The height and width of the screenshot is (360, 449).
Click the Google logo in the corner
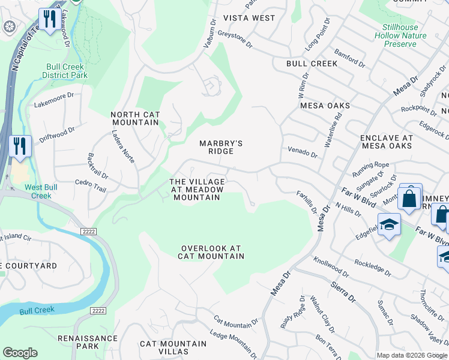click(x=20, y=353)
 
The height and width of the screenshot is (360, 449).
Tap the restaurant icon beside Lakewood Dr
click(x=49, y=19)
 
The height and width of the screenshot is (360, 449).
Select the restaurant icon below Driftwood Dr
click(x=20, y=146)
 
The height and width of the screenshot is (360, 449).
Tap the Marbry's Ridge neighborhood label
click(x=221, y=147)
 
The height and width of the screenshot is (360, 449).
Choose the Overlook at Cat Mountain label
click(x=211, y=252)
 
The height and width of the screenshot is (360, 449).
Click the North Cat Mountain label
click(x=134, y=118)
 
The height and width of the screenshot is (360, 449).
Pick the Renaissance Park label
click(x=88, y=342)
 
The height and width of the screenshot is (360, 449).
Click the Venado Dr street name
click(x=303, y=154)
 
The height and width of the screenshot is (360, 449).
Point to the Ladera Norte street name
click(x=124, y=148)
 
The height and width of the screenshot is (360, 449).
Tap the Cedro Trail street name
click(x=90, y=185)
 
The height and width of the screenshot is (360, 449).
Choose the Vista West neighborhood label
click(x=249, y=18)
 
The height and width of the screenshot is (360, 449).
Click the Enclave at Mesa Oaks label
click(x=386, y=142)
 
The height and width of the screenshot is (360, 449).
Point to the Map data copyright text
click(x=412, y=355)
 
